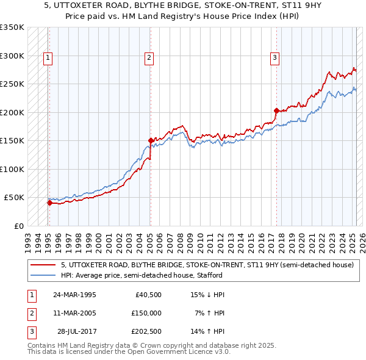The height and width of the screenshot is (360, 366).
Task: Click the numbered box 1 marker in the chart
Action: coord(48,58)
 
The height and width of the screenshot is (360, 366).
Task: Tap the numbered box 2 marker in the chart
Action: coord(149,58)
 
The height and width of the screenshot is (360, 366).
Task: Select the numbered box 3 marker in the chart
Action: coord(275,58)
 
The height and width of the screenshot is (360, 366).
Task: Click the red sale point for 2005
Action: coord(151,141)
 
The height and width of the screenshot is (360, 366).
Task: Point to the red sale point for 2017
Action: coord(276,111)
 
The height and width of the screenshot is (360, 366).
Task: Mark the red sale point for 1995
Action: coord(49,203)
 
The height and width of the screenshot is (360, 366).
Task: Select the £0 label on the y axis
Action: coord(18,226)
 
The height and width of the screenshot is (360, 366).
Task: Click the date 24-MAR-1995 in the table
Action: coord(74,295)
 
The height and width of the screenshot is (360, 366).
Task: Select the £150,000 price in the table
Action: coord(146,312)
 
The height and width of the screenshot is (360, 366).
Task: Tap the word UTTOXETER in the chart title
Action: coord(80,4)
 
